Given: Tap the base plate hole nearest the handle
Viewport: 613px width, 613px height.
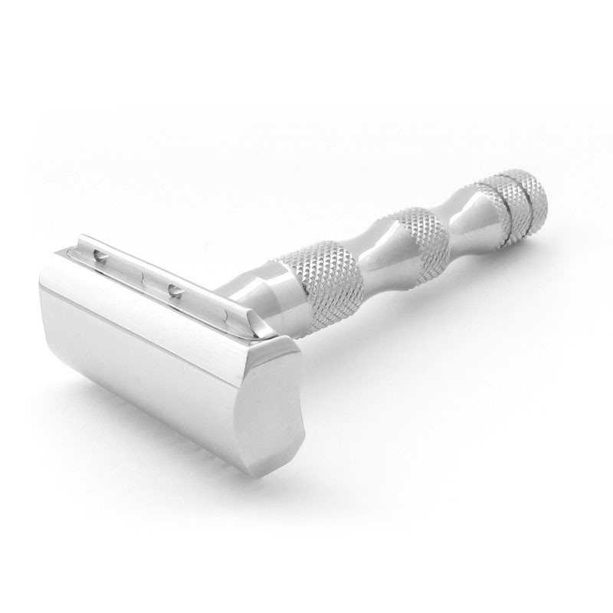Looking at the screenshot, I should tap(175, 290).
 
